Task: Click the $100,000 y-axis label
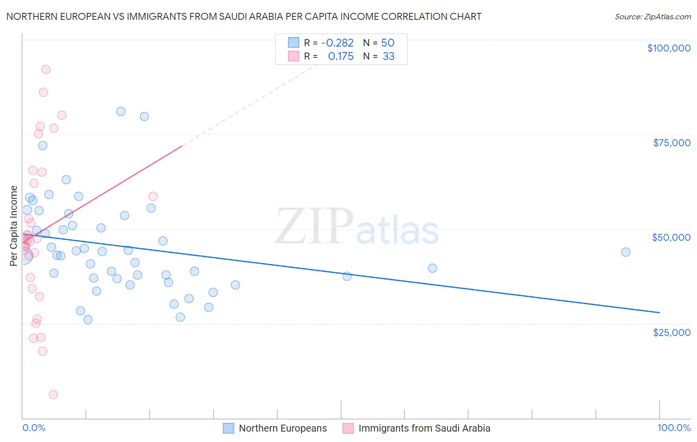(669, 48)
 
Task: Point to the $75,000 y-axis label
(672, 143)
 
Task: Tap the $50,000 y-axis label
(671, 238)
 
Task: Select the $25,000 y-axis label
(672, 332)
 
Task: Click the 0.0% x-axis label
(34, 428)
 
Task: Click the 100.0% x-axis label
(674, 428)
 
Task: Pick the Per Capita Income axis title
(13, 226)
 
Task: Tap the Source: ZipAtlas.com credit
(653, 17)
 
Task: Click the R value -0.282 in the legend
(337, 43)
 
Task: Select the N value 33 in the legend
(388, 56)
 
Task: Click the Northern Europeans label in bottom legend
(283, 428)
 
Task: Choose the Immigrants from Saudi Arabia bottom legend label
(424, 428)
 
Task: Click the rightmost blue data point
(626, 252)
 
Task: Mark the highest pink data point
(46, 69)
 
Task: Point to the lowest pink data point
(53, 395)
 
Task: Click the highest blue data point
(121, 111)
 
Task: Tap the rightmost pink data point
(153, 196)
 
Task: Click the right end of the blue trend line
(660, 312)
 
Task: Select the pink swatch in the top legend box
(293, 56)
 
